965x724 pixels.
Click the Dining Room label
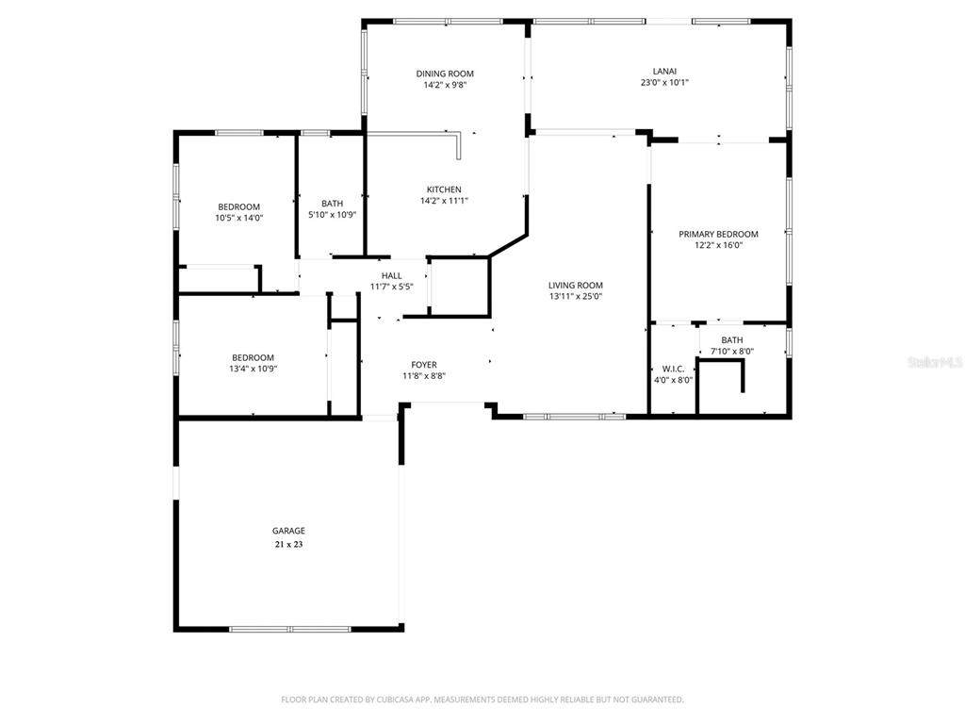click(x=445, y=74)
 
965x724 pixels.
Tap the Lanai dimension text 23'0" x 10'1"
click(x=664, y=82)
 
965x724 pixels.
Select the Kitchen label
click(x=445, y=189)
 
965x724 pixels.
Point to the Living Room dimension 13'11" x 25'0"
click(x=576, y=296)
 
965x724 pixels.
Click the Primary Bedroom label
click(x=718, y=234)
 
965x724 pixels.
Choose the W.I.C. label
click(x=673, y=369)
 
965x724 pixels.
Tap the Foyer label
click(x=424, y=365)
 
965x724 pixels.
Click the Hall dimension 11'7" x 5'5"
click(x=391, y=287)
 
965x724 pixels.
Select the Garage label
click(x=288, y=531)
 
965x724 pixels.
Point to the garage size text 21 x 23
click(x=288, y=544)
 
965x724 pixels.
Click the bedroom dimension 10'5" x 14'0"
click(x=239, y=218)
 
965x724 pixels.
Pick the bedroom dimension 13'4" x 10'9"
click(x=253, y=369)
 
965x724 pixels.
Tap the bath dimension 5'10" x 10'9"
click(x=333, y=214)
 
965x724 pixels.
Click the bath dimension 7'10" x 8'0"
click(x=732, y=351)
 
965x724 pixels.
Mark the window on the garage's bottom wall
click(x=290, y=629)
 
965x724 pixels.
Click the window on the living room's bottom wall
click(x=574, y=417)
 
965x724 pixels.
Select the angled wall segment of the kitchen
click(x=508, y=244)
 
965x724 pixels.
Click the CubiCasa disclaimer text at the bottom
click(x=482, y=699)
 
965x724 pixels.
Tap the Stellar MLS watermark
click(x=936, y=362)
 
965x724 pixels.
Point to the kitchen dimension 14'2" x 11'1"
click(x=445, y=201)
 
